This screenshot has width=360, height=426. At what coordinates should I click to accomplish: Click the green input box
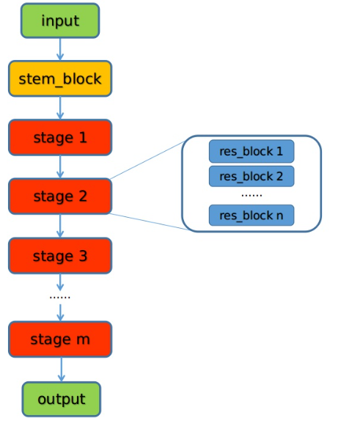[x=60, y=21]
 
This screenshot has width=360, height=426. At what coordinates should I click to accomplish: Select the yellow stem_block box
[x=60, y=78]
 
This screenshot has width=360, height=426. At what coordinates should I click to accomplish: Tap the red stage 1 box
[x=60, y=138]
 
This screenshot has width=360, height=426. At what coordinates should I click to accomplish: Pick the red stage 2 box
[x=60, y=197]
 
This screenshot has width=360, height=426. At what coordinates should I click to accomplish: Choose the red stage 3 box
[x=60, y=256]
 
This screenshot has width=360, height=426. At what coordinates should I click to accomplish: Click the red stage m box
[x=60, y=339]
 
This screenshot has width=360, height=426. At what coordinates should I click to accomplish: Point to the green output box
[x=61, y=400]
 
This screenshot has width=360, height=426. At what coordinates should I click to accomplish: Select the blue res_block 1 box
[x=251, y=151]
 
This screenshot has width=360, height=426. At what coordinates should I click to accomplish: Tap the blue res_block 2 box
[x=251, y=176]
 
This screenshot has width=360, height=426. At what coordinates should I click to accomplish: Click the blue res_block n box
[x=251, y=215]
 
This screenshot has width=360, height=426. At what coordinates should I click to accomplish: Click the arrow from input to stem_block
[x=60, y=49]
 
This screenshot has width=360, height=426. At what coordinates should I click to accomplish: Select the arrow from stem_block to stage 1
[x=60, y=108]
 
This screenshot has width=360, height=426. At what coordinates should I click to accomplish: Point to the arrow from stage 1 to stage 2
[x=60, y=167]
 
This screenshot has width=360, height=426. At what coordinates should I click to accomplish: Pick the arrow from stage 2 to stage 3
[x=60, y=226]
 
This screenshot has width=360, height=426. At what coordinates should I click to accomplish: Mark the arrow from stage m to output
[x=60, y=370]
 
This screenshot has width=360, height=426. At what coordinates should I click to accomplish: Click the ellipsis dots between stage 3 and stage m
[x=59, y=297]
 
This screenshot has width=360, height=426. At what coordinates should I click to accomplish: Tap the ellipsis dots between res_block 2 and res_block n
[x=251, y=196]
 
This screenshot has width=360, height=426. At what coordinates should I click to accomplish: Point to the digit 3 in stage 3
[x=82, y=256]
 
